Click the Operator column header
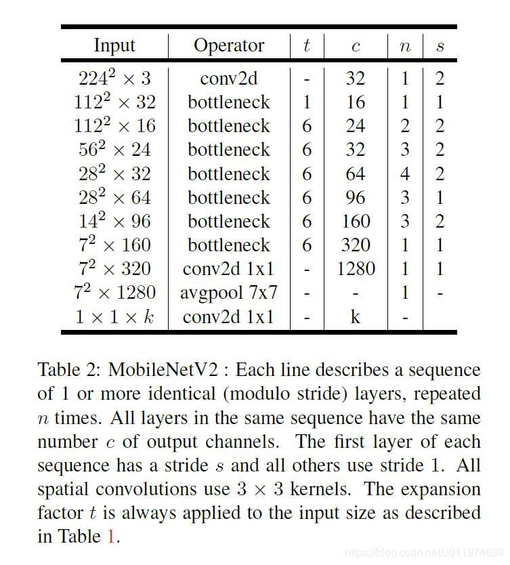tap(229, 45)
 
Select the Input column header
tap(114, 45)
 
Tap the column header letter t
tap(307, 45)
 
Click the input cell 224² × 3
tap(114, 78)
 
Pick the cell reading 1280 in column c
tap(356, 269)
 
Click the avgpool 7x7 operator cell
tap(229, 293)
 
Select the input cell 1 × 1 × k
tap(114, 316)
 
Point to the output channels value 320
tap(356, 245)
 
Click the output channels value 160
tap(356, 222)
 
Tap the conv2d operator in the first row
tap(229, 78)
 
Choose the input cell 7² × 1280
tap(114, 293)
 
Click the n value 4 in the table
tap(405, 173)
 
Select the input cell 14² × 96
tap(114, 222)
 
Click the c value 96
tap(356, 197)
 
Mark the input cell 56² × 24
tap(114, 150)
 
